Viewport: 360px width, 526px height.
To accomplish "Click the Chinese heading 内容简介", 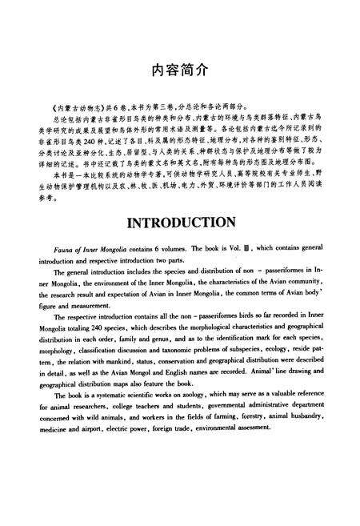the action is [x=180, y=70].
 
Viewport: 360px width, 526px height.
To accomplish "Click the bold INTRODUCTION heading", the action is [x=180, y=220].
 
